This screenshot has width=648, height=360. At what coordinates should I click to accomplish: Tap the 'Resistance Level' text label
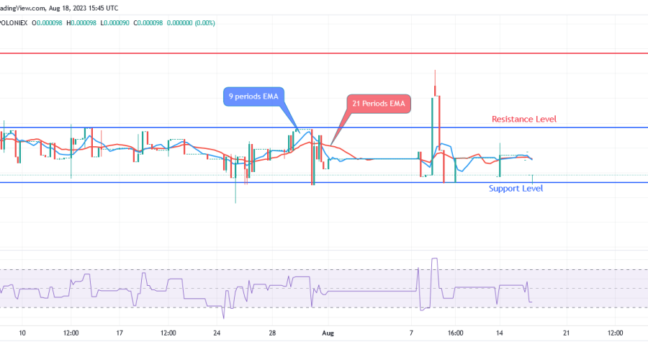coord(523,119)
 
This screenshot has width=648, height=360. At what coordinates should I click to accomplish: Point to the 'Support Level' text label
coord(516,189)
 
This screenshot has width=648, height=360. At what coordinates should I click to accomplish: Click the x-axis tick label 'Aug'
coord(328,333)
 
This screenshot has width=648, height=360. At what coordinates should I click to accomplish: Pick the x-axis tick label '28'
coord(273,333)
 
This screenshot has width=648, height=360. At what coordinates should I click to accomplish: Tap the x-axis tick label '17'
coord(120,333)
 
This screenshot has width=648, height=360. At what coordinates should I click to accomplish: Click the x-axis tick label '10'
coord(22,333)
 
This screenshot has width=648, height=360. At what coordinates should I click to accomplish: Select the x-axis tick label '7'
coord(410,333)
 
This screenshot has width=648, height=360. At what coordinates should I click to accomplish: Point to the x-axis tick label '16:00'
coord(455,333)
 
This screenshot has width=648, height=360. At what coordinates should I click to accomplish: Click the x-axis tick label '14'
coord(500,333)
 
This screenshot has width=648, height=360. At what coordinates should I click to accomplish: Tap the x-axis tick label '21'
coord(566,333)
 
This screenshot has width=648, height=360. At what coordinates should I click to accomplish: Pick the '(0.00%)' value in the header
coord(204,22)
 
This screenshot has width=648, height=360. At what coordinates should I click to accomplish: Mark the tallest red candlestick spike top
coord(435,71)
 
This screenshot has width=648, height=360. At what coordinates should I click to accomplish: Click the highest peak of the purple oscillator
coord(433,258)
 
